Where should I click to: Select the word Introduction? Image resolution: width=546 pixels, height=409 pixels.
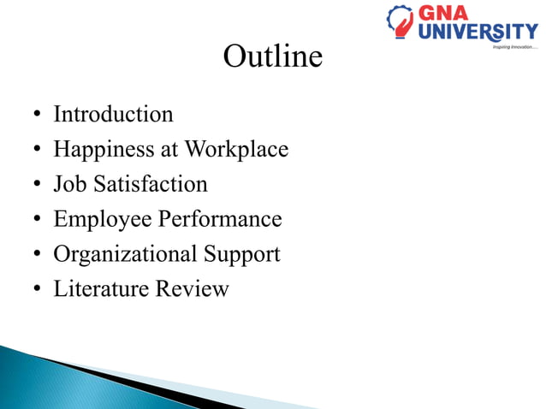pos(113,114)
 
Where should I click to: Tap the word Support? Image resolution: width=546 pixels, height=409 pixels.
pos(241,254)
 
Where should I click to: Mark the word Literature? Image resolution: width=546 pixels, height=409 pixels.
pos(101,289)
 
